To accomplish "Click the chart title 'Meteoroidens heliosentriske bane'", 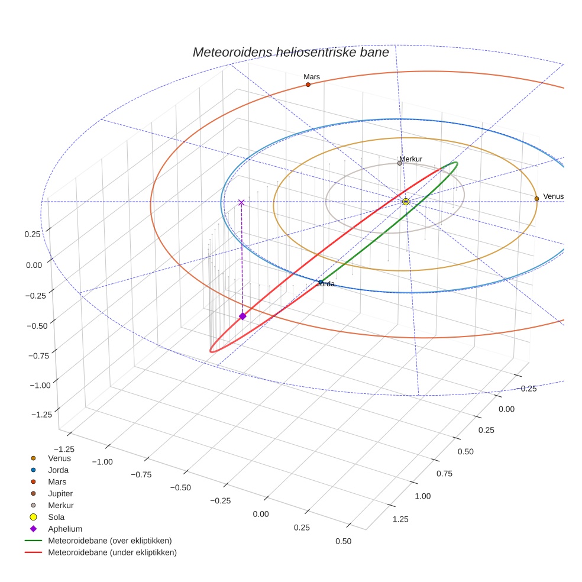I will (x=290, y=52).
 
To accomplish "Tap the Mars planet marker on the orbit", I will (x=308, y=85).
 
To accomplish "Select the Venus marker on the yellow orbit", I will (x=536, y=199).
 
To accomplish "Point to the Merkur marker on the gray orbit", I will (x=400, y=163).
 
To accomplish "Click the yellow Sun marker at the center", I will (x=406, y=202).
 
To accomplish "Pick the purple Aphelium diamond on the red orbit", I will (x=242, y=316).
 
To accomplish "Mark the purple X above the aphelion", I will (x=241, y=202).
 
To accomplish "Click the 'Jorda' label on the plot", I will (x=326, y=284).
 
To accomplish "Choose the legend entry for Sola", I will (x=56, y=517).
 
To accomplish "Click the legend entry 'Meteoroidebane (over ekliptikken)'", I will (x=109, y=541).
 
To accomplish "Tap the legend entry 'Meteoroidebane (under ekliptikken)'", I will (x=112, y=552).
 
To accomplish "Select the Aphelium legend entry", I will (x=64, y=529).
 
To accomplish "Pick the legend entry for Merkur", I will (x=60, y=505).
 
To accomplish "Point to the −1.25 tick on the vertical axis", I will (x=40, y=413).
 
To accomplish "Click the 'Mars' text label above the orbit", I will (x=312, y=77).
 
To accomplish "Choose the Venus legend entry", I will (x=59, y=458).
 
